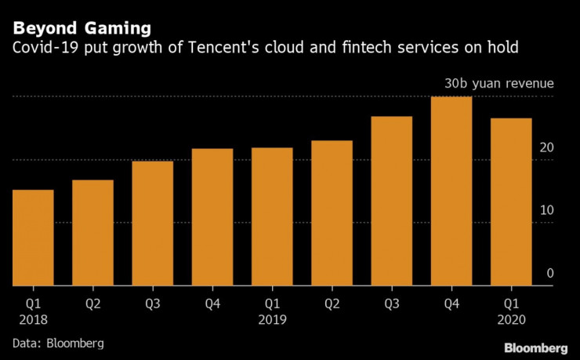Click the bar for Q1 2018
coord(34,238)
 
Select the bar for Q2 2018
coord(93,233)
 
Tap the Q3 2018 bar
coord(153,224)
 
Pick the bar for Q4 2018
coord(212,217)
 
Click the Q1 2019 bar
coord(272,216)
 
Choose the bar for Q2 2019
coord(332,213)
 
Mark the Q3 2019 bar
coord(392,201)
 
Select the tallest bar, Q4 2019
coord(451,191)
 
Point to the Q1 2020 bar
coord(511,202)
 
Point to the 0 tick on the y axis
coord(550,273)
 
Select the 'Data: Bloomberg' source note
coord(58,344)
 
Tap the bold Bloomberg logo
coord(535,347)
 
